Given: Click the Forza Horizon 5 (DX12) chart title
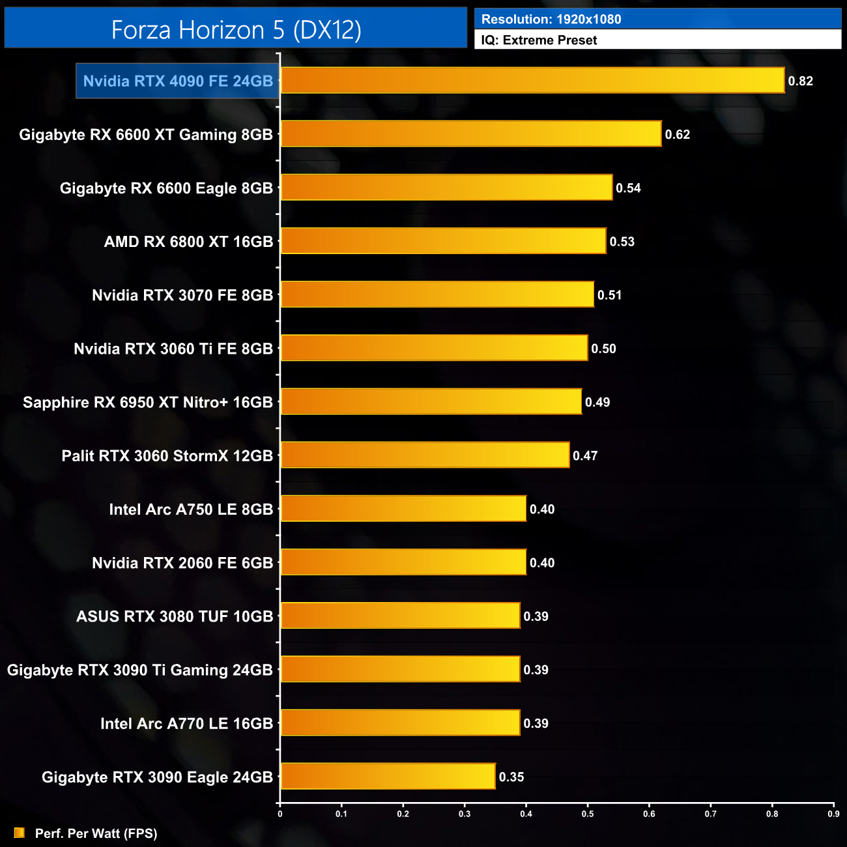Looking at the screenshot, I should pos(236,30).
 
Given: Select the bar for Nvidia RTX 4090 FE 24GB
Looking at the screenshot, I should pos(532,81).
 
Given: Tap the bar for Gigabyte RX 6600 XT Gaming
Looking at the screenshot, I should pos(470,134).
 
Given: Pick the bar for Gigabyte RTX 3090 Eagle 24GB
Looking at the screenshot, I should pos(388,777).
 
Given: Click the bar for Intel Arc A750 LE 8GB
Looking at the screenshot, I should pos(403,509).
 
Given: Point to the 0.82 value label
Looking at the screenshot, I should pos(800,81).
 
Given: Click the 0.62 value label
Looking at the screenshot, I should pos(677,134).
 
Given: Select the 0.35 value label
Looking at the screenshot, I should pos(511,777).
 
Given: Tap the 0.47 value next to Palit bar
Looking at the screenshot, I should pos(585,455).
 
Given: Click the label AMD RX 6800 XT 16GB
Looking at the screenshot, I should pos(188,242).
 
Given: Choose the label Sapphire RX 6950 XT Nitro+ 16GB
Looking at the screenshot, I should pos(148,402).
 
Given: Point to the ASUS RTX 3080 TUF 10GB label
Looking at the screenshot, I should pos(175,616).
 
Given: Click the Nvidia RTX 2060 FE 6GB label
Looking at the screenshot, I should pos(182,563).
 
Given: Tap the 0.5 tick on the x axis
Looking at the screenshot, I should pos(588,814).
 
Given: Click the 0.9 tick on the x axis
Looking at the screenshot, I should pos(833,814).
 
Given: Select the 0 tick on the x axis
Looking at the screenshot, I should pos(280,814).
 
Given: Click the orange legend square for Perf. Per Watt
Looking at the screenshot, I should pos(20,833).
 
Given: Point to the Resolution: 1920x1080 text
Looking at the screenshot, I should pos(551,20).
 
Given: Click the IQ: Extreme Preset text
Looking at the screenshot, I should pos(539,40).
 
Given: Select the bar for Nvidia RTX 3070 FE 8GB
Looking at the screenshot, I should pos(437,295).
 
